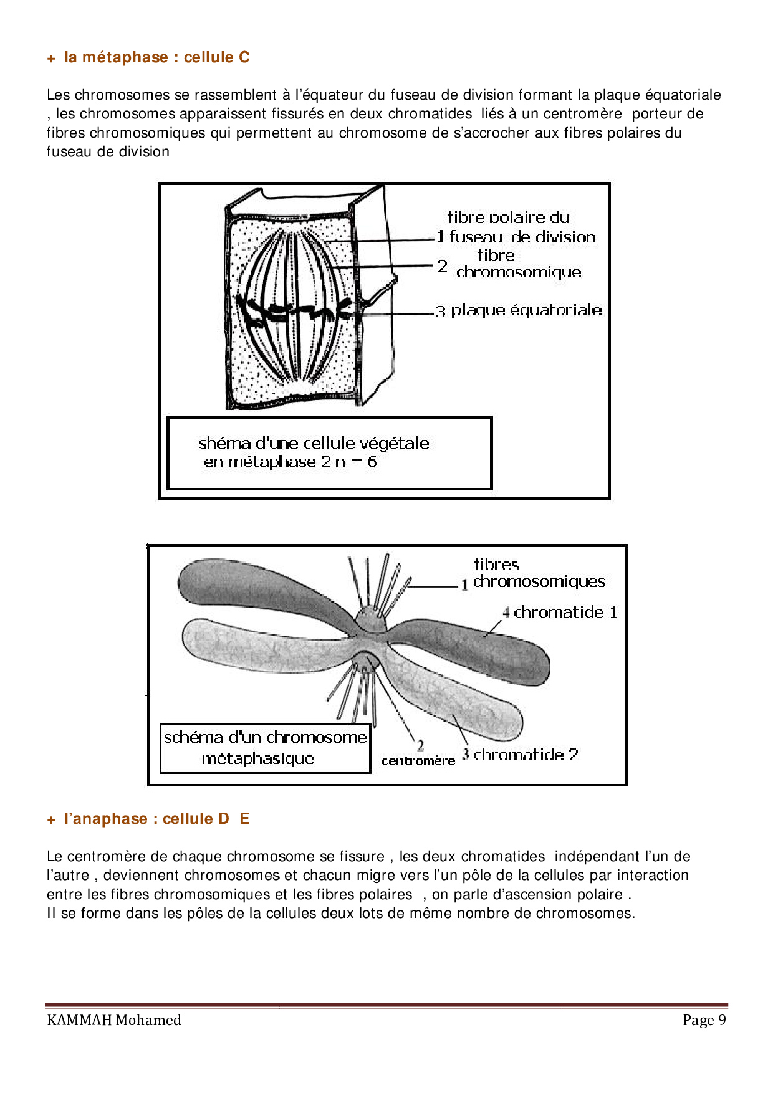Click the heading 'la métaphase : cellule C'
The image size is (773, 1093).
pyautogui.click(x=156, y=57)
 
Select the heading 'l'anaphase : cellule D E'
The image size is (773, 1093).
pyautogui.click(x=156, y=819)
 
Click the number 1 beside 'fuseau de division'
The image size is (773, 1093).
pyautogui.click(x=441, y=237)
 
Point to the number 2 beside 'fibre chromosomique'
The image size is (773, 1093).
pyautogui.click(x=442, y=266)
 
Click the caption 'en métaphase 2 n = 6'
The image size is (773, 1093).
pyautogui.click(x=290, y=462)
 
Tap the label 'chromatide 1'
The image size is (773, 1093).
pyautogui.click(x=565, y=613)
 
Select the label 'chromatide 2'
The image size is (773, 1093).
pyautogui.click(x=526, y=755)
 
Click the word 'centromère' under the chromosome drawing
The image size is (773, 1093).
pyautogui.click(x=418, y=761)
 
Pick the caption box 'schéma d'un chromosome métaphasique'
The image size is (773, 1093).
pyautogui.click(x=265, y=748)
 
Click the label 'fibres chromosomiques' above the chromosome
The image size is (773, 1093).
pyautogui.click(x=539, y=573)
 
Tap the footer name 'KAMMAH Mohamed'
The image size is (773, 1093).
pyautogui.click(x=114, y=1020)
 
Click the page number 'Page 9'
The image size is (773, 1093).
pyautogui.click(x=704, y=1020)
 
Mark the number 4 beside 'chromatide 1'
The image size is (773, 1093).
pyautogui.click(x=506, y=613)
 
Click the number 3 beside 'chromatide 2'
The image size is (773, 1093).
pyautogui.click(x=466, y=755)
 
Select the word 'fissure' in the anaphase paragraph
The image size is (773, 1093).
pyautogui.click(x=365, y=857)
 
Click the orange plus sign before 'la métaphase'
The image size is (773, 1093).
pyautogui.click(x=51, y=59)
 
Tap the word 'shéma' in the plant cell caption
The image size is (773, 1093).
pyautogui.click(x=218, y=443)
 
